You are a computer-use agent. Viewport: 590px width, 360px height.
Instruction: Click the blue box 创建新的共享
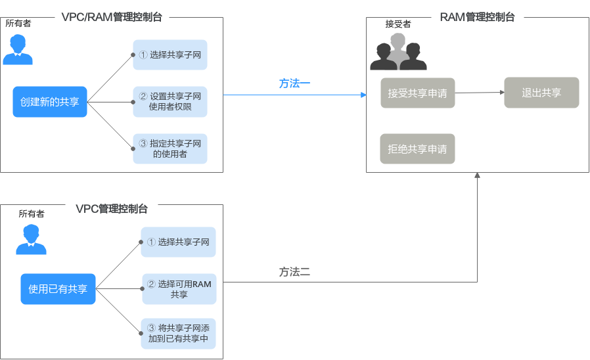(50, 102)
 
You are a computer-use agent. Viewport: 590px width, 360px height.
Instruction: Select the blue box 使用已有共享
(58, 289)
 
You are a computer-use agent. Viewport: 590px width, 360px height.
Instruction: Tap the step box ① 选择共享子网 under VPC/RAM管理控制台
(170, 55)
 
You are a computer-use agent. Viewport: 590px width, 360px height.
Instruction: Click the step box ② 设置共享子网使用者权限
(170, 102)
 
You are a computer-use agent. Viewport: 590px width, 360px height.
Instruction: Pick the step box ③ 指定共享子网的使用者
(170, 148)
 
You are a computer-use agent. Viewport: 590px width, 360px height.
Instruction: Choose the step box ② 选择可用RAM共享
(179, 289)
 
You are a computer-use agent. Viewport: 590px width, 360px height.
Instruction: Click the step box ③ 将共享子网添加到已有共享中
(179, 334)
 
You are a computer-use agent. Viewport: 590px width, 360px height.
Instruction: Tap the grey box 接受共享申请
(417, 93)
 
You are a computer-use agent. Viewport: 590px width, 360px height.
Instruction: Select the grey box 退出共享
(541, 93)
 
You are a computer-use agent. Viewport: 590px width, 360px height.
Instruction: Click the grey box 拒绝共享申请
(417, 149)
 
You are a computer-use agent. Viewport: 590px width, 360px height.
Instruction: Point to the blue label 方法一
(294, 84)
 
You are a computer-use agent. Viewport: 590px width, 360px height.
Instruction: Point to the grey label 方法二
(294, 272)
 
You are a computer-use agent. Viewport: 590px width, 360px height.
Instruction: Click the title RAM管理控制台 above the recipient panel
(477, 17)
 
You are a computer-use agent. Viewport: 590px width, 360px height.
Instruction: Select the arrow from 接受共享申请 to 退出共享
(479, 93)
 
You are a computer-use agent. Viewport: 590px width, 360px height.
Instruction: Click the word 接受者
(398, 24)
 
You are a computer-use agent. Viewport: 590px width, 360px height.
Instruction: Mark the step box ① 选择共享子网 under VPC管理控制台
(179, 242)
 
